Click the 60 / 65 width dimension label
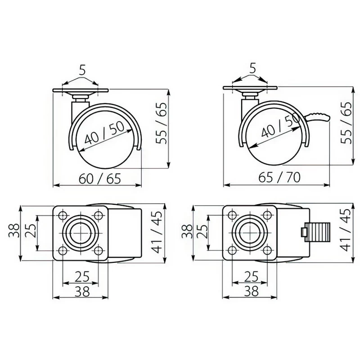coord(99,178)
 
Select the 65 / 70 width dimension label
coord(279,177)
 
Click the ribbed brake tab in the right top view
coord(317,232)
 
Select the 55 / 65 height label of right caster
coord(346,123)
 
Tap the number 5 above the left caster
coord(82,70)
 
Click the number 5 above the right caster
coord(252,68)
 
